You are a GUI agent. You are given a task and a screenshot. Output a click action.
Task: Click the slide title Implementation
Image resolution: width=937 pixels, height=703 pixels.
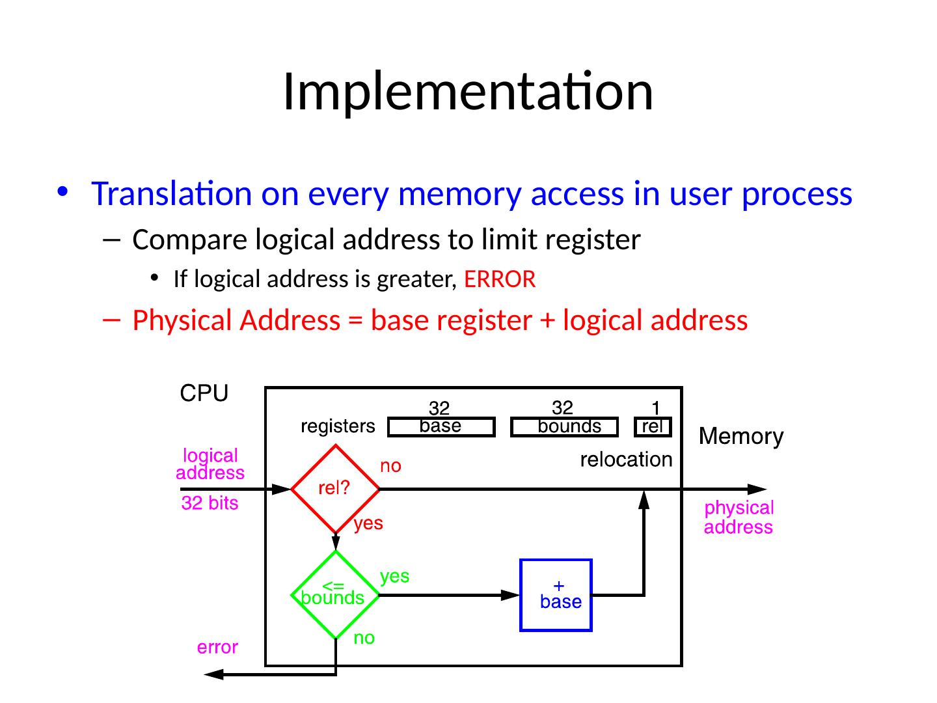pos(467,91)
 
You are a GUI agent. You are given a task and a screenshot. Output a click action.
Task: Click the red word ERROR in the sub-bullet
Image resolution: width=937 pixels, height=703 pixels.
pos(500,279)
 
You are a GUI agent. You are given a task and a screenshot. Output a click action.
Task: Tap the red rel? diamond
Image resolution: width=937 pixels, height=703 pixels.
pos(335,489)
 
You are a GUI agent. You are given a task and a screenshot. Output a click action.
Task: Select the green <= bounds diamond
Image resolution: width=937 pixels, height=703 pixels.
pos(335,594)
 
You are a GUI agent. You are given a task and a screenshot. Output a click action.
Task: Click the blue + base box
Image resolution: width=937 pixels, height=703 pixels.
pos(556,594)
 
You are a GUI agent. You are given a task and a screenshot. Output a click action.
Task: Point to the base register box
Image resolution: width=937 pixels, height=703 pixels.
pos(441,427)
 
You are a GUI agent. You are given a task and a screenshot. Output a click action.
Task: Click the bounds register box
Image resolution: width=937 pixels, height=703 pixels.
pos(564,427)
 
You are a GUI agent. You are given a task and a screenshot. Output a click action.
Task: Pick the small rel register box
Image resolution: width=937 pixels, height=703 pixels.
pos(652,427)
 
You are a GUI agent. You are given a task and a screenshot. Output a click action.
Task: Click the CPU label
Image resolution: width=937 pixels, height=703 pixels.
pos(204,394)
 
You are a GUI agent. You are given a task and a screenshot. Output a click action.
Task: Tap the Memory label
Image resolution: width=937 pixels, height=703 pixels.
pos(740,436)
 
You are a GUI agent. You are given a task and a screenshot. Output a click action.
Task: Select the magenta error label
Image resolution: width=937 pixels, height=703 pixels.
pos(217,648)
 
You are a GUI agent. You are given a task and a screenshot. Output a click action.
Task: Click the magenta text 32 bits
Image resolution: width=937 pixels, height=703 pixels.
pos(210,503)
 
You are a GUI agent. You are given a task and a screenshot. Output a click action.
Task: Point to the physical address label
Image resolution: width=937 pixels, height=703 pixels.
pos(739,517)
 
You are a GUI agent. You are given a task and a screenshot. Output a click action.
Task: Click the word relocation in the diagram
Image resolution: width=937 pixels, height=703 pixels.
pos(626,460)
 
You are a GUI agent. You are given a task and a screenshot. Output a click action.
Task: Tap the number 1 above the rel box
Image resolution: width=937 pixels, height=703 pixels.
pos(656,408)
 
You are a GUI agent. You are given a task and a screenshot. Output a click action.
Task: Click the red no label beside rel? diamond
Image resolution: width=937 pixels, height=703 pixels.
pos(390,467)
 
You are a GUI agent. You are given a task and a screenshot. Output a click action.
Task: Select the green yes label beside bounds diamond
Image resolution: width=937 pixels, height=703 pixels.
pos(394,576)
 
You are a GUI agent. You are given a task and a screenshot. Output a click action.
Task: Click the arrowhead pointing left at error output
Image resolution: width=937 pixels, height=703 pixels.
pos(214,675)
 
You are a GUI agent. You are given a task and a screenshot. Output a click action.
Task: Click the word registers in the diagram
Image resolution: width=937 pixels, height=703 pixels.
pos(338,427)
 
